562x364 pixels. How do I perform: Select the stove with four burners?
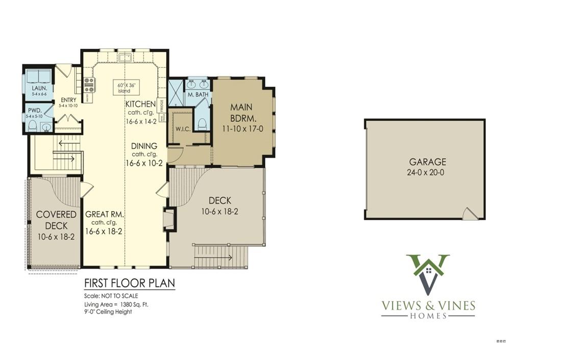(x=89, y=85)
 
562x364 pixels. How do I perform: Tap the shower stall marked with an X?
(x=176, y=93)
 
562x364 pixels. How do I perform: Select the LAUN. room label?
(x=39, y=88)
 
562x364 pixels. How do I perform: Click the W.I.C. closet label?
(x=183, y=129)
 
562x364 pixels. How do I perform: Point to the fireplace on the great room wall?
(x=169, y=219)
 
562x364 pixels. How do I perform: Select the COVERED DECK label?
(x=56, y=220)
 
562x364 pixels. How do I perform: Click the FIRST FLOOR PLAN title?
(x=129, y=283)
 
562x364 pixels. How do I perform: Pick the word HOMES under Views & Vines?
(x=428, y=316)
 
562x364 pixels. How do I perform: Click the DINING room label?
(x=144, y=146)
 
